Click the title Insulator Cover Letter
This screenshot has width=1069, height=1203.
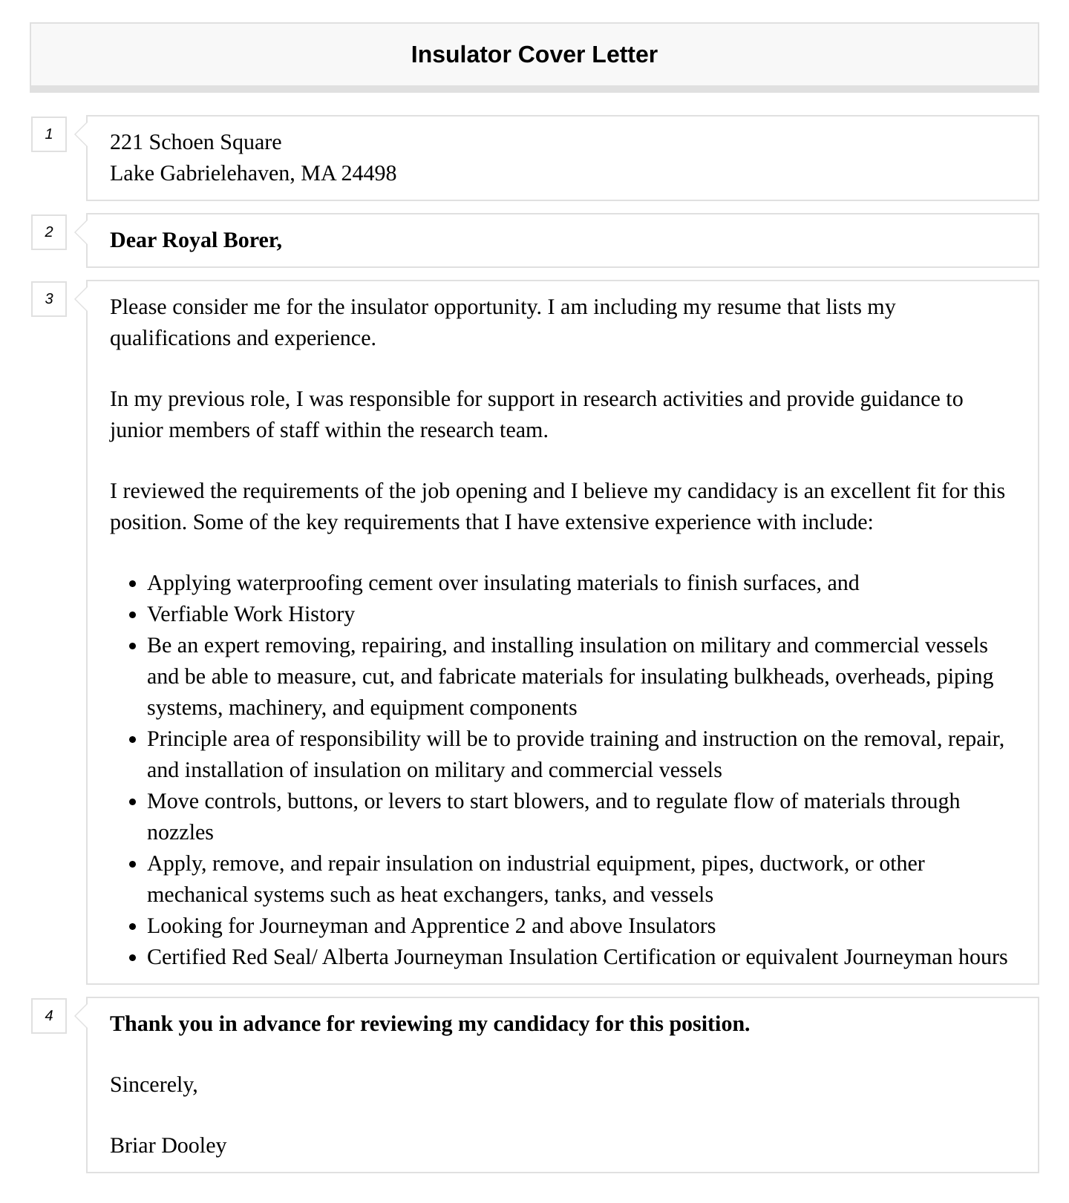point(534,55)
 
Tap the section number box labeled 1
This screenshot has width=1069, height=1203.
point(49,134)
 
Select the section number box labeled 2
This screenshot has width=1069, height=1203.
point(49,232)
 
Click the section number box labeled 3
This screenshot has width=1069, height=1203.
point(49,299)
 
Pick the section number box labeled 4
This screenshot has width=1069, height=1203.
point(49,1016)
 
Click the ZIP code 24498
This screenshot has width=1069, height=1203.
point(368,174)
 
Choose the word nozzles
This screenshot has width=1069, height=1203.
point(180,833)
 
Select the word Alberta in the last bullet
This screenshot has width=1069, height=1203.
point(356,957)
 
